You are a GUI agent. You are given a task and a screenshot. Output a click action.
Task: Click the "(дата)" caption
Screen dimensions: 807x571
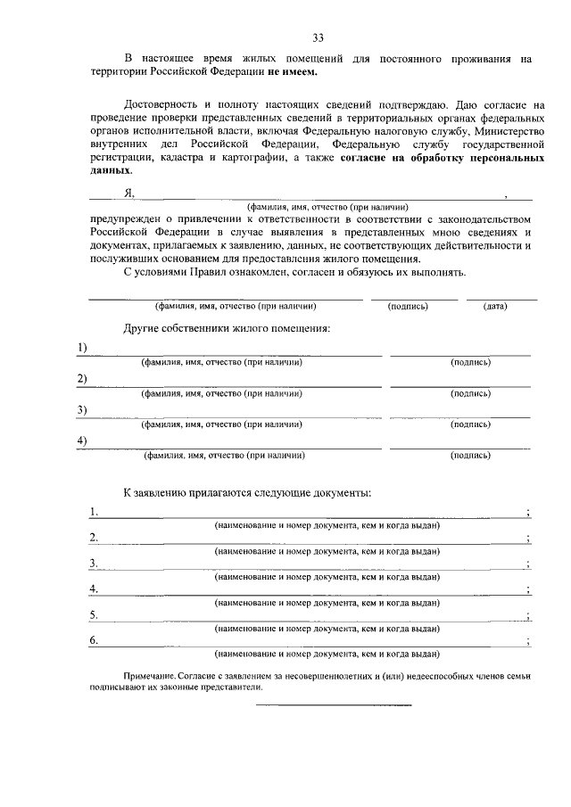[495, 306]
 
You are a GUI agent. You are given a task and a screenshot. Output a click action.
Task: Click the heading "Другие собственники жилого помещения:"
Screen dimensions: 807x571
[227, 329]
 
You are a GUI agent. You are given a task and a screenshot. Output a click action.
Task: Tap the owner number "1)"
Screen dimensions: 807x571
[81, 347]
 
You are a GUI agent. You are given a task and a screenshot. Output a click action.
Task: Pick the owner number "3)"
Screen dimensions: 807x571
[81, 409]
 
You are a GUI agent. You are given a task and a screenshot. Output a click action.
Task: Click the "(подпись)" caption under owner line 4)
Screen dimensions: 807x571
[470, 455]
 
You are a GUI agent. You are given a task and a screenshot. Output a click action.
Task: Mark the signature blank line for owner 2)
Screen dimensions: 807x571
[459, 386]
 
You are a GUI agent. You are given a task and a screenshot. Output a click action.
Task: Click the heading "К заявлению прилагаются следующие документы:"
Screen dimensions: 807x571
[247, 493]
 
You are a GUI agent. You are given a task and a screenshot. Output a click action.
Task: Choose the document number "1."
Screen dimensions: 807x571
[94, 512]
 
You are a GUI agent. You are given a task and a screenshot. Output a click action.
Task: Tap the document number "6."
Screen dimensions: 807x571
[94, 640]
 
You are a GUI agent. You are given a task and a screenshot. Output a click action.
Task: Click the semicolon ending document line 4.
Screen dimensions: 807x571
[529, 589]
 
